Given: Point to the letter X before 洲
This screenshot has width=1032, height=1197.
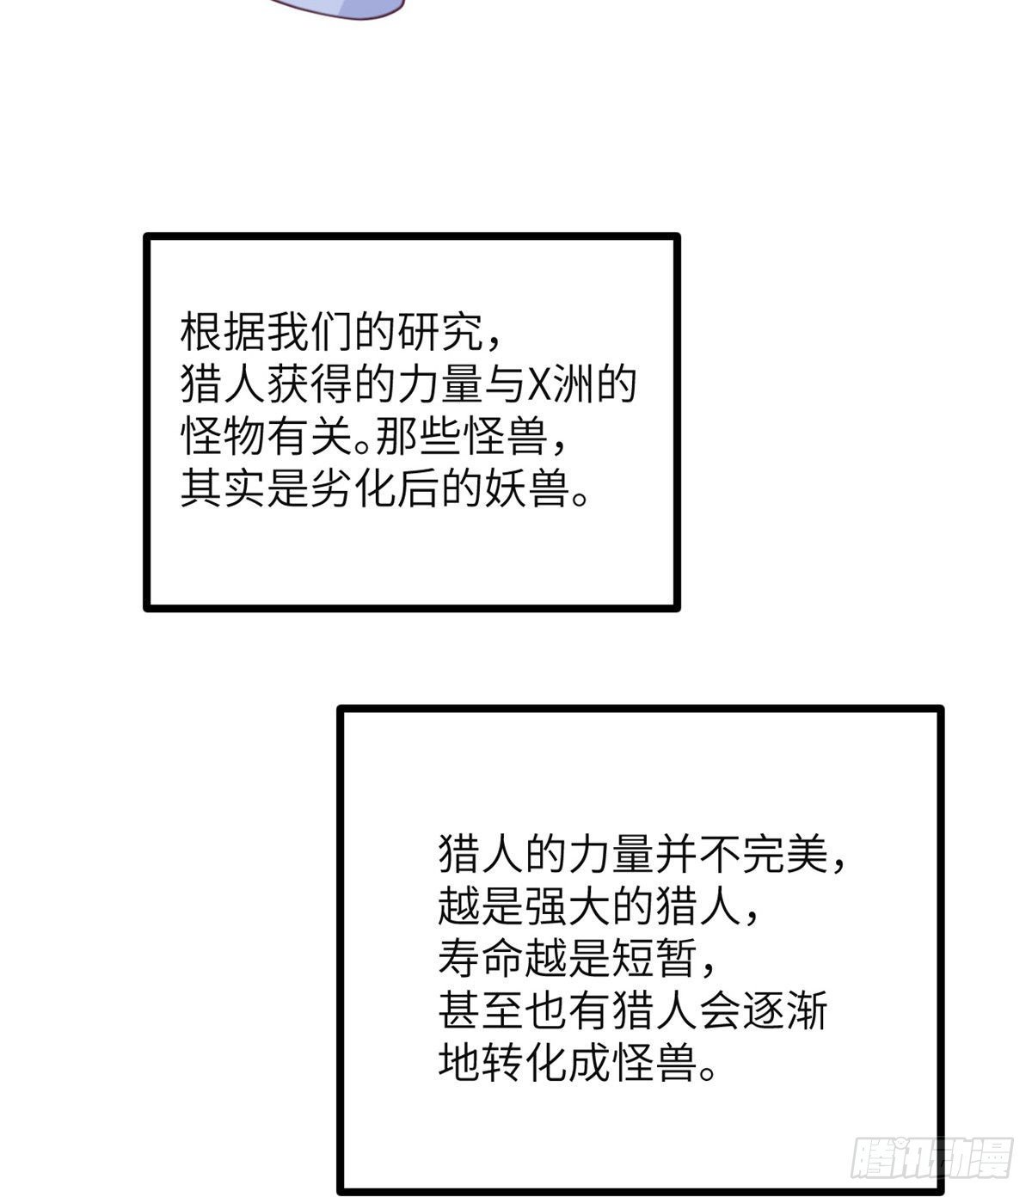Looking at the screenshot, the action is point(538,384).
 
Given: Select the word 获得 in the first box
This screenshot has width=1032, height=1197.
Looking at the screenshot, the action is point(310,384).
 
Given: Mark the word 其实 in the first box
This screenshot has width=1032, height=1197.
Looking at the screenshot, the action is point(224,488).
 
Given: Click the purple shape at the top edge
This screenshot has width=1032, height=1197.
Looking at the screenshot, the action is point(337,7).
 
